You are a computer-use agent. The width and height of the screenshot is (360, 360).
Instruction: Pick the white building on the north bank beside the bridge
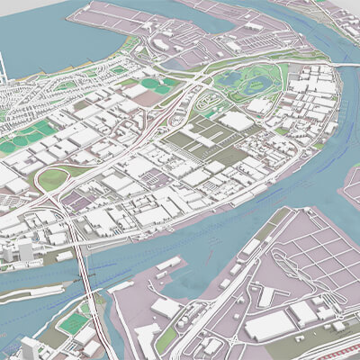(63, 256)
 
